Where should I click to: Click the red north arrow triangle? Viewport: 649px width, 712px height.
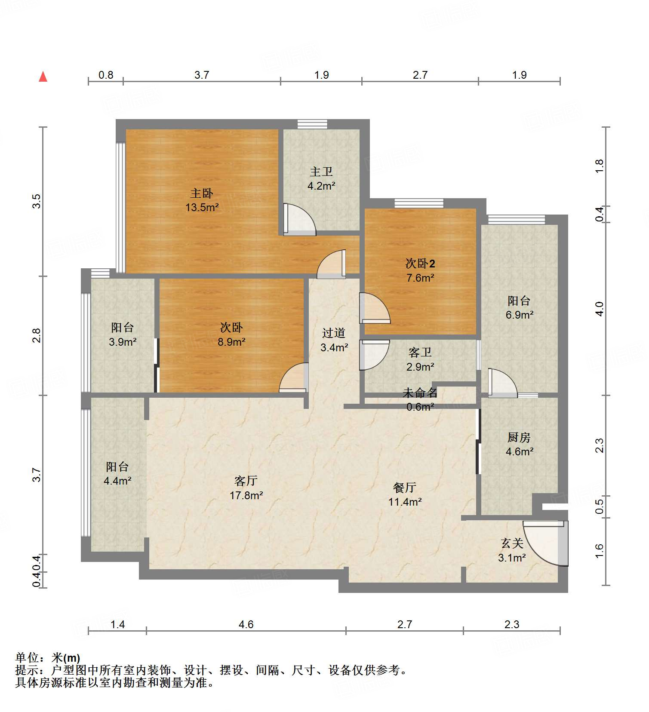coord(43,77)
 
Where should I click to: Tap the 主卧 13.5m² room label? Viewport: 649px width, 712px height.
coord(202,200)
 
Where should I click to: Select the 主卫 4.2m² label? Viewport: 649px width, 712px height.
coord(321,179)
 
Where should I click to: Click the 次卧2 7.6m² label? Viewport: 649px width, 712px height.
coord(420,270)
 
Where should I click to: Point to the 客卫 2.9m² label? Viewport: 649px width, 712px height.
coord(420,359)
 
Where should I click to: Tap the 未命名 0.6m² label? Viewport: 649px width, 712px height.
coord(420,399)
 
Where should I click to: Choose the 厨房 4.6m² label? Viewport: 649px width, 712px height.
coord(519,444)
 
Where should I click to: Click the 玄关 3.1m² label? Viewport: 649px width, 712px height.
coord(512,550)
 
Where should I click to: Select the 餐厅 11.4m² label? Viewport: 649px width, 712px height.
coord(404,494)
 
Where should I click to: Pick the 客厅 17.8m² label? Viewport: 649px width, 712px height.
coord(246,488)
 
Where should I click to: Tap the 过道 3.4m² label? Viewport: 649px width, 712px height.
coord(334,340)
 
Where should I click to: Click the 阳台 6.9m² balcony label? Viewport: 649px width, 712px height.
coord(519,307)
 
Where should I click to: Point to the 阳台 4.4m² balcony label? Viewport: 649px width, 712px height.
coord(117,473)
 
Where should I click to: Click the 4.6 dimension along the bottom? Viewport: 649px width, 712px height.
coord(246,624)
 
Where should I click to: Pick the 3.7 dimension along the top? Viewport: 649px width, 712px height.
coord(201,75)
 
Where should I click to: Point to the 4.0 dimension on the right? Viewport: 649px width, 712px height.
coord(600,309)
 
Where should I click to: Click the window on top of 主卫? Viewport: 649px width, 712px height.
coord(312,124)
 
